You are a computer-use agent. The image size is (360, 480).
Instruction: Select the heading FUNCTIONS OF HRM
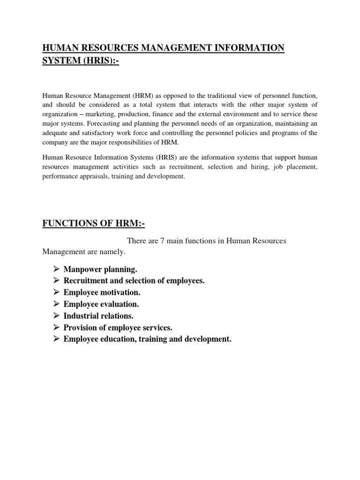click(x=94, y=224)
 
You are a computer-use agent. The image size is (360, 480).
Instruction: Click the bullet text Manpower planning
click(x=100, y=270)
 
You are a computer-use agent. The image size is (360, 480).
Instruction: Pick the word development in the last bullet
click(x=208, y=339)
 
